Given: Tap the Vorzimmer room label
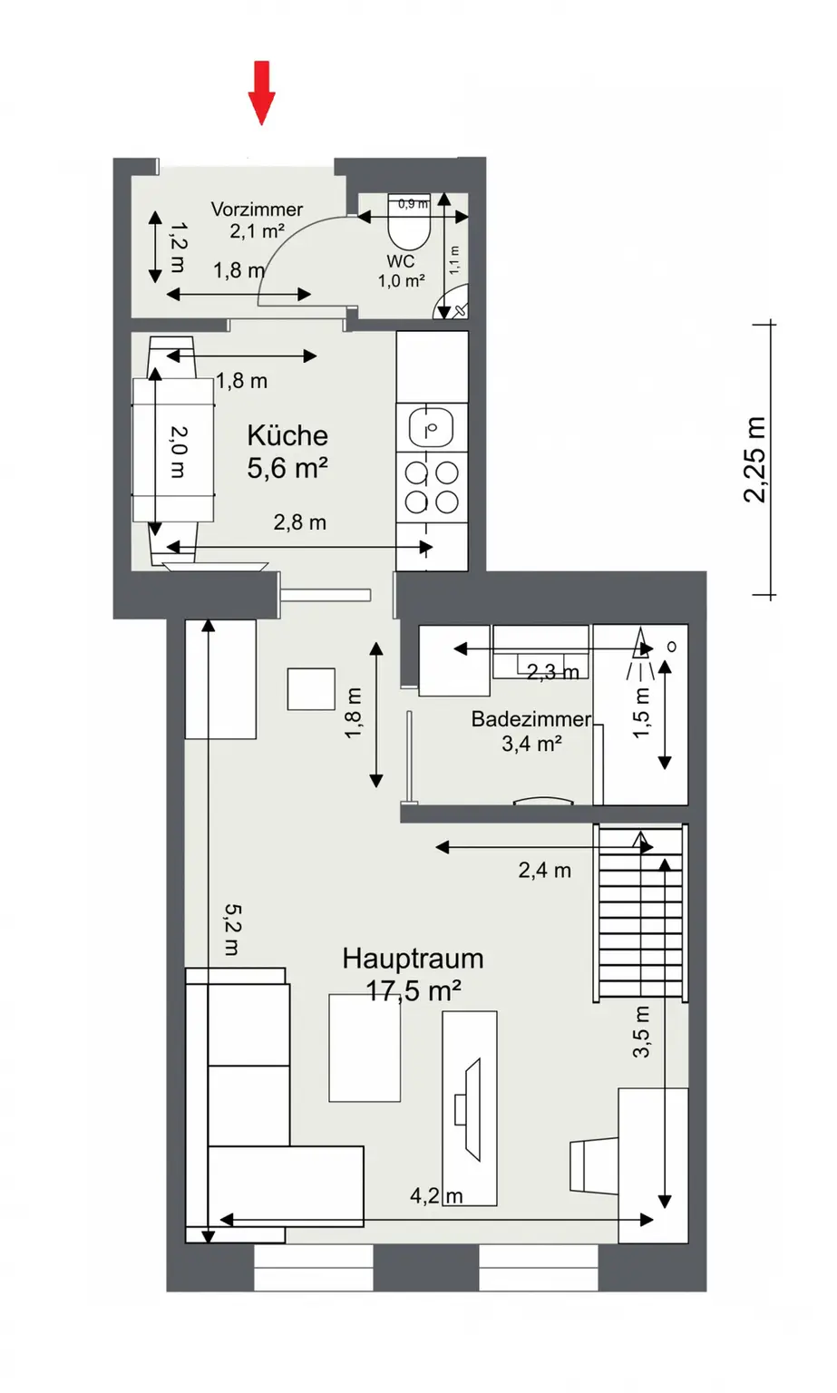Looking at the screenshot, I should click(x=257, y=209).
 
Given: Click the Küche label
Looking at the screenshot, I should click(x=287, y=435).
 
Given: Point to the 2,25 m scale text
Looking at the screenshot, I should click(x=754, y=460).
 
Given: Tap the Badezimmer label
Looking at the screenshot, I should click(x=530, y=719).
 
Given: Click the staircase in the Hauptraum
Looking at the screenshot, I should click(x=640, y=911).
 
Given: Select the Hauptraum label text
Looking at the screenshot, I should click(x=413, y=959).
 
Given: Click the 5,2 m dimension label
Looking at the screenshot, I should click(x=232, y=930).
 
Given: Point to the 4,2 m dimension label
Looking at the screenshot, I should click(x=436, y=1196).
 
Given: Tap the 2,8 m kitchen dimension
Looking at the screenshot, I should click(x=300, y=522).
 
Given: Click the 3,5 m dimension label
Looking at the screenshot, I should click(x=641, y=1031).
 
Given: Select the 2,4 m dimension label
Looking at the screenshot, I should click(x=544, y=871).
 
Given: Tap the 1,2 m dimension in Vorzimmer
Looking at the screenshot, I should click(x=178, y=248).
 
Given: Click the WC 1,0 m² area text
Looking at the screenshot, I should click(x=401, y=281).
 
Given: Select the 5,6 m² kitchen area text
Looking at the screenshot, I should click(x=287, y=468).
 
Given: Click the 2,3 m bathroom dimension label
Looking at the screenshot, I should click(x=552, y=672).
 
